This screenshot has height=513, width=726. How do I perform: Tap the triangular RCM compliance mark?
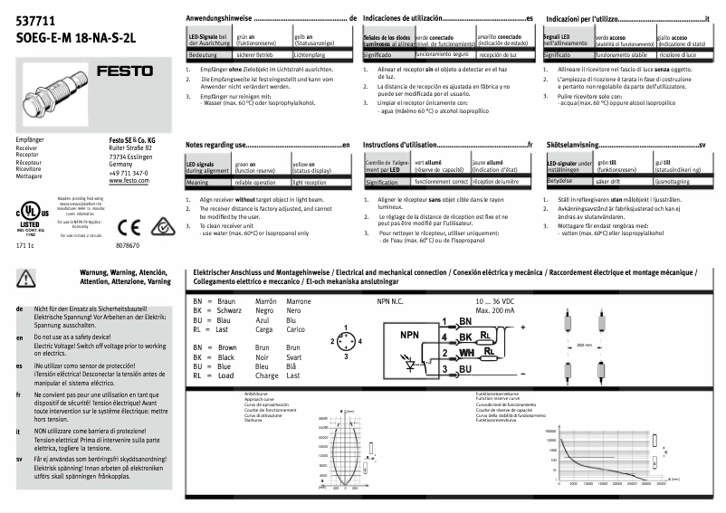pyautogui.click(x=134, y=224)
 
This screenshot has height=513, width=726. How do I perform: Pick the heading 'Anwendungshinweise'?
pyautogui.click(x=218, y=19)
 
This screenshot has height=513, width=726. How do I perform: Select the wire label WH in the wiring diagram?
pyautogui.click(x=466, y=351)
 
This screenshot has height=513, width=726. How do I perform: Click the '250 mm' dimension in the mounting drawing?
pyautogui.click(x=584, y=345)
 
